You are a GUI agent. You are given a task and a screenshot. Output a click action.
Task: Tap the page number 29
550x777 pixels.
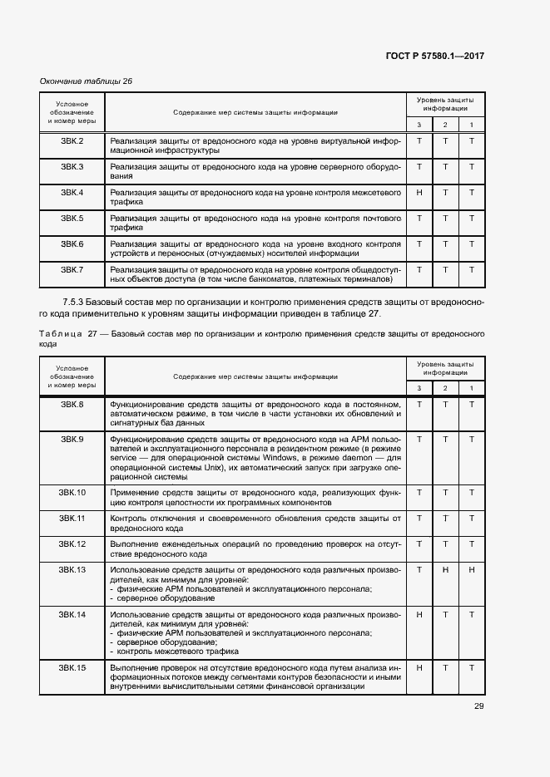coord(478,706)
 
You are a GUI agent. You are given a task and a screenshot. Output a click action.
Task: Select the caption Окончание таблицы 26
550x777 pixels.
coord(87,81)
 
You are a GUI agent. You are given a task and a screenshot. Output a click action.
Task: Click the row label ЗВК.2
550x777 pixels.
coord(72,140)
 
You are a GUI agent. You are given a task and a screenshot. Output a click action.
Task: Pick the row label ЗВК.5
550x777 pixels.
coord(72,218)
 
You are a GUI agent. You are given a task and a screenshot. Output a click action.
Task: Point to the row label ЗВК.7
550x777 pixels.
coord(72,269)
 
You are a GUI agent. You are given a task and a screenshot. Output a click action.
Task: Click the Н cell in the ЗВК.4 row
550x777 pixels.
coord(419,192)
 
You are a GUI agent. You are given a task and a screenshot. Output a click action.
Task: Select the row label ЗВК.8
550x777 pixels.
coord(72,404)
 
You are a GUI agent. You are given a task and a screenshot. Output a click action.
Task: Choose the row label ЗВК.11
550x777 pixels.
coord(72,518)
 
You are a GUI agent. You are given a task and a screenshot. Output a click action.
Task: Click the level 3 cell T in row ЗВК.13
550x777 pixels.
coord(419,569)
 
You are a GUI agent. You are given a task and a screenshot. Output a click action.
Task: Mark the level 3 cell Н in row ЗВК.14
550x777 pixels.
coord(419,614)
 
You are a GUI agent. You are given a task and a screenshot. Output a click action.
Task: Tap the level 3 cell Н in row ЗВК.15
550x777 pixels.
coord(419,667)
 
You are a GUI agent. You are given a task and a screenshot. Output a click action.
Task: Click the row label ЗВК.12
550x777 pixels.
coord(72,543)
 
